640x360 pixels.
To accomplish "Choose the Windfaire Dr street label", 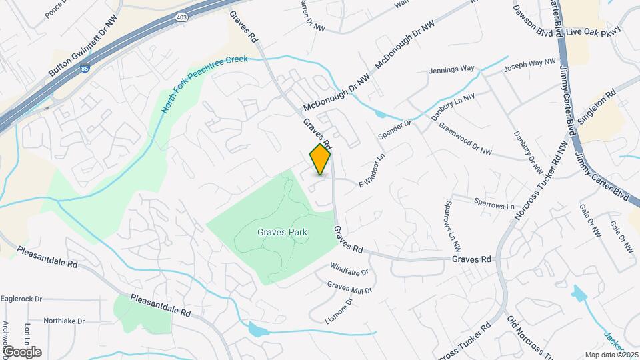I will pos(349,271).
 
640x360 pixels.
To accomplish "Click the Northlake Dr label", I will pos(64,321).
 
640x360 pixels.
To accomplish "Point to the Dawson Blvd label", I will pos(533,21).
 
